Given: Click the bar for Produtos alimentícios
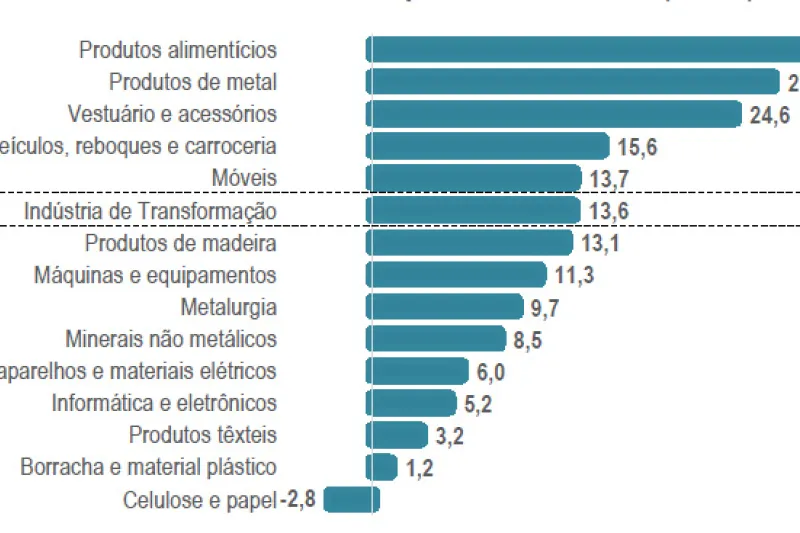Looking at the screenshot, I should (585, 50).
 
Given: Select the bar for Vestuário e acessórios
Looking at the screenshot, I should (555, 114).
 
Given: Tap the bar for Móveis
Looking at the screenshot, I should (474, 178).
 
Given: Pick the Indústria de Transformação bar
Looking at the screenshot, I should (474, 210).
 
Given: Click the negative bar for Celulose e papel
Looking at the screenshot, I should (349, 499).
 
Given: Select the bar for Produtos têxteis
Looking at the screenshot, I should (398, 435).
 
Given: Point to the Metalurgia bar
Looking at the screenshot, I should (446, 307).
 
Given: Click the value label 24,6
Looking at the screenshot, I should (769, 115).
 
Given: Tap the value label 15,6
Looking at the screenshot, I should (637, 147).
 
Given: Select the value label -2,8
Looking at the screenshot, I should (298, 499).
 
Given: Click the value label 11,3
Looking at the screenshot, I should (574, 275).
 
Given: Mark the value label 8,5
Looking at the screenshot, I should (528, 339).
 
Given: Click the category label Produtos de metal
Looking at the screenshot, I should (192, 82).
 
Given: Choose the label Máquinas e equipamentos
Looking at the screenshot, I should (155, 274).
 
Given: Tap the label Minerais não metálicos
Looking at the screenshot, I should (170, 339).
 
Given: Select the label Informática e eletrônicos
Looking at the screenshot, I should (164, 403).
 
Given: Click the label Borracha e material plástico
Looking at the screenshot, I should (148, 467).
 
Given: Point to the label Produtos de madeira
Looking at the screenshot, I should (180, 242).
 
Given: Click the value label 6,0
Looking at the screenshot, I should (491, 371).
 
